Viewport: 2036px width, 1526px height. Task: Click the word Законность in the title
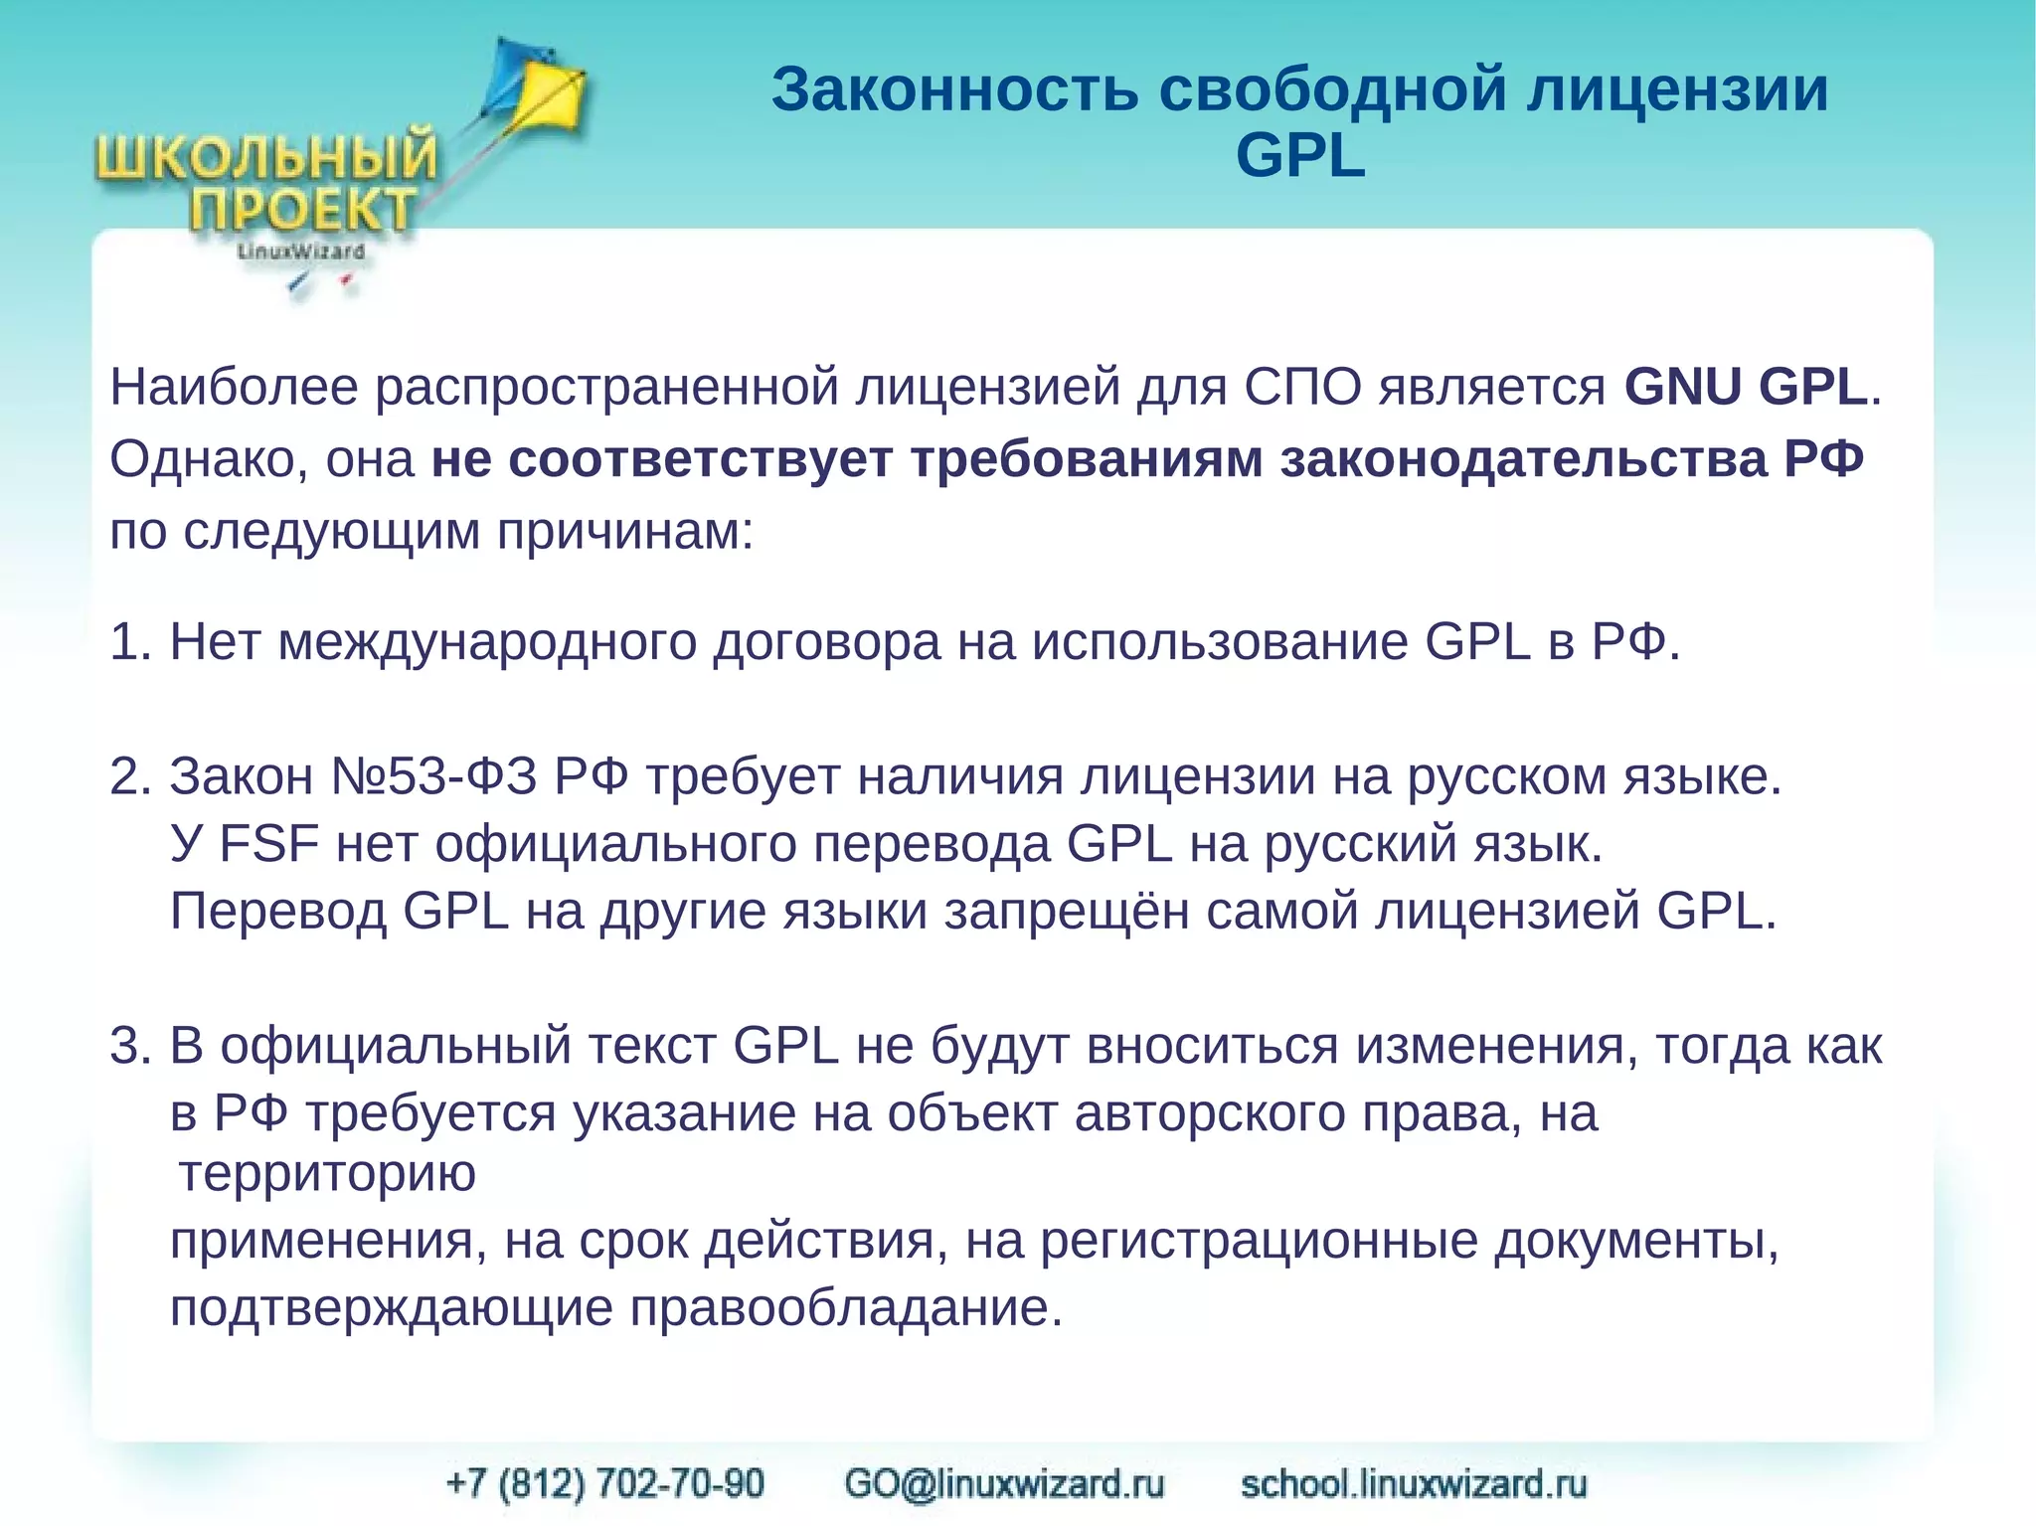[x=954, y=89]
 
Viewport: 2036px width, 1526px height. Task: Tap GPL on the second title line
[x=1300, y=156]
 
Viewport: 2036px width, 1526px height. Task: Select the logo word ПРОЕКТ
[x=302, y=211]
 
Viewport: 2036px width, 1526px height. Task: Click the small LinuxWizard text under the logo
[x=300, y=253]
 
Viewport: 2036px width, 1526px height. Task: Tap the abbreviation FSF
[x=269, y=844]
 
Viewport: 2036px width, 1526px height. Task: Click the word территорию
[x=328, y=1175]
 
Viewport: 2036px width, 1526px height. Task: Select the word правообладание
[x=845, y=1308]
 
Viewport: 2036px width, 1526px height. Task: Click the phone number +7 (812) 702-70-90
[x=605, y=1483]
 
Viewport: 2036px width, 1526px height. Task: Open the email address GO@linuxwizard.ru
[x=1004, y=1483]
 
